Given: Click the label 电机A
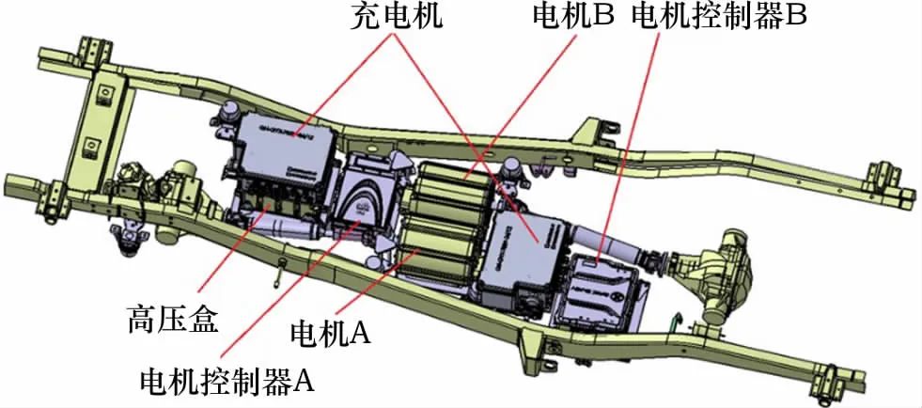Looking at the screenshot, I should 331,332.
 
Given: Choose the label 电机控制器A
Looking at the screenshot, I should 227,381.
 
